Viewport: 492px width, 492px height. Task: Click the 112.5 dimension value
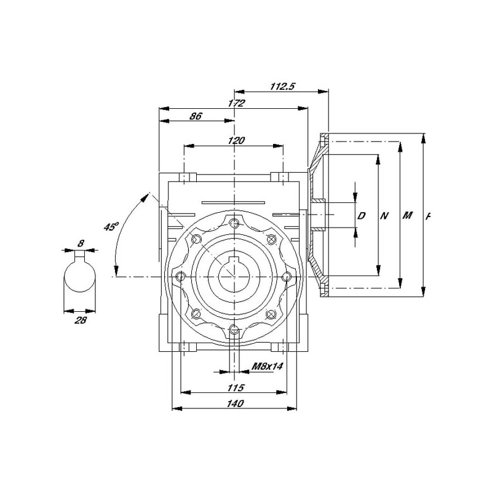coord(283,87)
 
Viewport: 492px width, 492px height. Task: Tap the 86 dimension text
coord(196,116)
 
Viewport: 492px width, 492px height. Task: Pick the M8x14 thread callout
coord(268,367)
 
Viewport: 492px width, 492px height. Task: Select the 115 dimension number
coord(236,387)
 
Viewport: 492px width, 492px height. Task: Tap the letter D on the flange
coord(362,216)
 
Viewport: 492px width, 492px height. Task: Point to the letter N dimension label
coord(384,216)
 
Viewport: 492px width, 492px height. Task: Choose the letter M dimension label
coord(407,216)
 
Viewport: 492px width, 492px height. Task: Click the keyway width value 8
coord(81,244)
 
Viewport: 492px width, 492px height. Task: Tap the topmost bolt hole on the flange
coord(234,223)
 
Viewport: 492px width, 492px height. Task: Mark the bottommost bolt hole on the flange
coord(234,331)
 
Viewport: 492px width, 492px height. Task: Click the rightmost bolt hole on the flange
coord(287,277)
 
